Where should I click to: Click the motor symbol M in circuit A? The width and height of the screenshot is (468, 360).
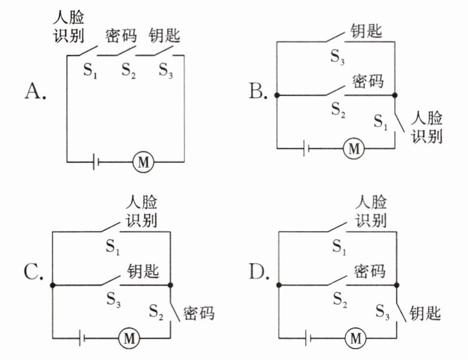click(143, 162)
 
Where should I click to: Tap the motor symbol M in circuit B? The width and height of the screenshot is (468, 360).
click(354, 148)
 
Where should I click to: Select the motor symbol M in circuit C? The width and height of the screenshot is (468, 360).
click(129, 338)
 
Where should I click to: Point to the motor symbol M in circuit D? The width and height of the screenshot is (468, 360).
click(355, 338)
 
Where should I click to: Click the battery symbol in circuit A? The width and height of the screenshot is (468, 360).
click(96, 162)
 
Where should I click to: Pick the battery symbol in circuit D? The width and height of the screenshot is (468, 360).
click(308, 338)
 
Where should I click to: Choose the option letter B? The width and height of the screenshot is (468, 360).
click(258, 91)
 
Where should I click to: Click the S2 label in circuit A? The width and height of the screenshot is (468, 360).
click(129, 71)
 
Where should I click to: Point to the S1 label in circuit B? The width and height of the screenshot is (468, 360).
click(380, 122)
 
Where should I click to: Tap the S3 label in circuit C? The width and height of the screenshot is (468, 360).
click(113, 299)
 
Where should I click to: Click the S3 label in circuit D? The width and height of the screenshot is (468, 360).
click(382, 312)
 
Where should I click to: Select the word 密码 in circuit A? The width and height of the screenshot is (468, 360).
click(121, 36)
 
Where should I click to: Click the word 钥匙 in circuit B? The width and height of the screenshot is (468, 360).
click(366, 31)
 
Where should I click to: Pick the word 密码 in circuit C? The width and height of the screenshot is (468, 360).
click(199, 314)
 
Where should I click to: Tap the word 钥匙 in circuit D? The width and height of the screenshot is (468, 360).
click(425, 314)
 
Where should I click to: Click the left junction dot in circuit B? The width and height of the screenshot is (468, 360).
click(277, 95)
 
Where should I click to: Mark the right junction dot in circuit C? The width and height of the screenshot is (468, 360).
click(170, 286)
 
